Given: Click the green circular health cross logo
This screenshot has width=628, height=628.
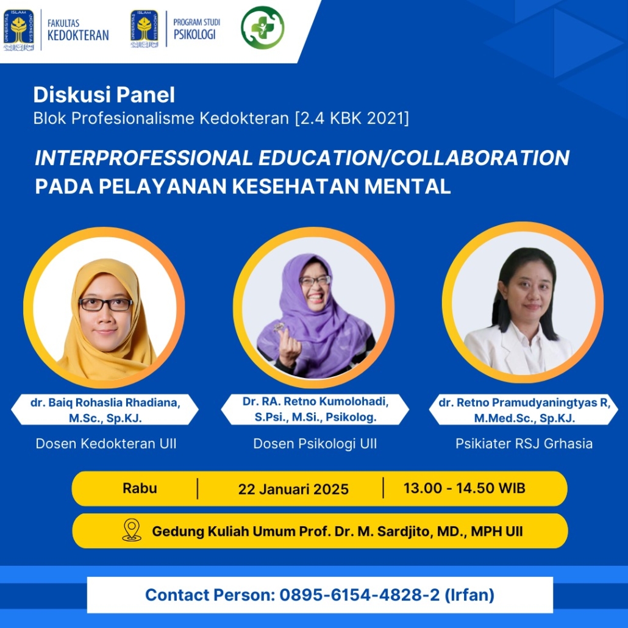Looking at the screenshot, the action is coord(262,27).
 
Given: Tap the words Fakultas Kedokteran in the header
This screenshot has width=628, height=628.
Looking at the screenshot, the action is coord(78,30).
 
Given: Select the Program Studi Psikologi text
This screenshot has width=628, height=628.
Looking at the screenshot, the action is coord(197,29).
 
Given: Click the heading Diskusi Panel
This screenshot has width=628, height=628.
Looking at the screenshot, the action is coord(104,95).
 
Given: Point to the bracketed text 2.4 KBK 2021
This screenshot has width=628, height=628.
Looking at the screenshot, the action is coord(352,118).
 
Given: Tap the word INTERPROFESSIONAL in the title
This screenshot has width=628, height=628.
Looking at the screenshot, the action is coord(144,157).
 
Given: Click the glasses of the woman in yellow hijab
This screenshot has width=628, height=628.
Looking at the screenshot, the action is coord(105,304).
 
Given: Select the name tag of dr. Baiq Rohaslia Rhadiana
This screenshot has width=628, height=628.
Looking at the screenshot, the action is coord(105,410).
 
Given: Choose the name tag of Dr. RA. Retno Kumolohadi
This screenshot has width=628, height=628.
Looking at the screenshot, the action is coord(315,409).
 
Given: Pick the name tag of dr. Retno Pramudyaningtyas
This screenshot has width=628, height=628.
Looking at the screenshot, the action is coord(524,410).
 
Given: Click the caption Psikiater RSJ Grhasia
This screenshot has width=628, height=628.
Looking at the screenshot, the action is coord(524,444).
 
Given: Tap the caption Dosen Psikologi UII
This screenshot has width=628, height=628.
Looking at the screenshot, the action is coord(315,444).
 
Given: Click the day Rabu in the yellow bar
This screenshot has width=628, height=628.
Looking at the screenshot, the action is coord(140,488).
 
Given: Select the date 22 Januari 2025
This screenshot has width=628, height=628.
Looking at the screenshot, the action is coord(293,489).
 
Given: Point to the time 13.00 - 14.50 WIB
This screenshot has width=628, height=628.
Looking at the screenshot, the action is coord(464,488).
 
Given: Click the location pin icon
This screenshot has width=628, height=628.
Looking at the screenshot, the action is coord(132,530).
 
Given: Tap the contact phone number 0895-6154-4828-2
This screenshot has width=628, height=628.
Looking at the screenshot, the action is coord(359,594).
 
